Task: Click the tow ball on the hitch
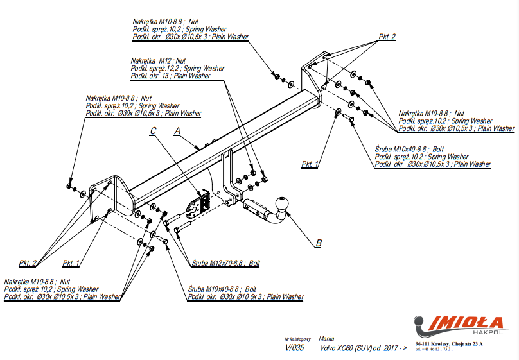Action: (282, 203)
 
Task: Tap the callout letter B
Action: (318, 243)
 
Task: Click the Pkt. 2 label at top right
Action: (387, 37)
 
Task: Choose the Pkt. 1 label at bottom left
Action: (71, 263)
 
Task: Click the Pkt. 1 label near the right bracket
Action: (310, 164)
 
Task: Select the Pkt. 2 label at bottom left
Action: (28, 263)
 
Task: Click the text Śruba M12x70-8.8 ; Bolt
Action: (225, 263)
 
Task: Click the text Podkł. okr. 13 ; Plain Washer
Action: (170, 76)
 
